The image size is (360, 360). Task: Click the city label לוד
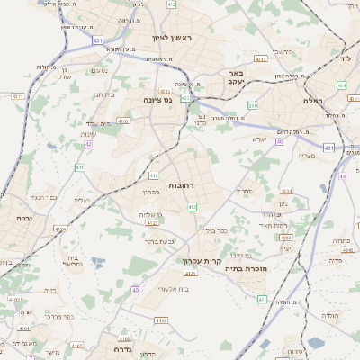pos(344,57)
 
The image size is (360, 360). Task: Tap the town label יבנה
pos(23,219)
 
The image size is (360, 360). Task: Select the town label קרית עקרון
pos(200,261)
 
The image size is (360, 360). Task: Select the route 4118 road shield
pos(162,320)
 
